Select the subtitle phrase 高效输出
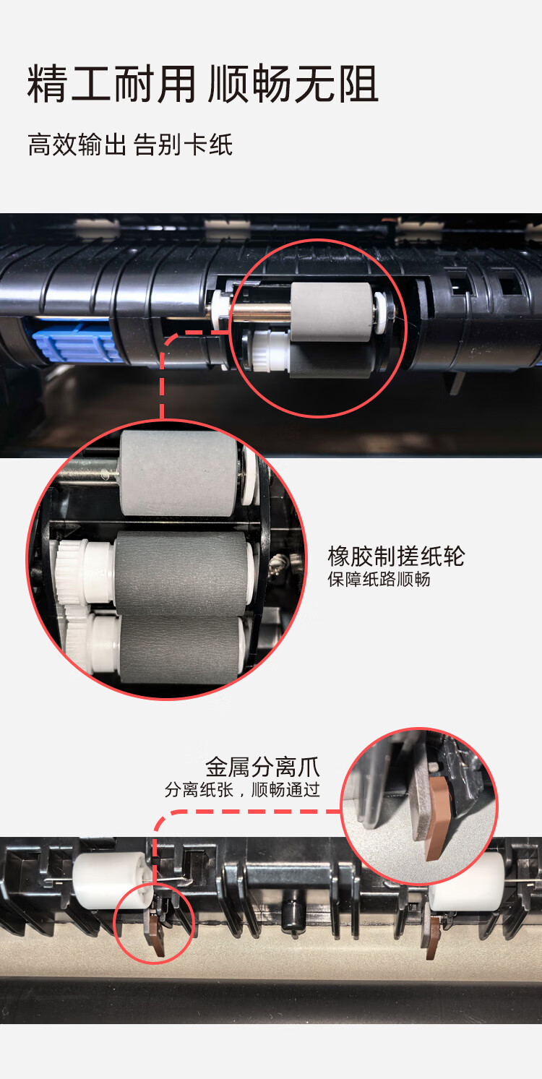(77, 145)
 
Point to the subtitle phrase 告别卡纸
(184, 145)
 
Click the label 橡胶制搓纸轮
(396, 556)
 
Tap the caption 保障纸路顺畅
(379, 580)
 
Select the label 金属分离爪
(262, 766)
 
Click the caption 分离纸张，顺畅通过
(242, 790)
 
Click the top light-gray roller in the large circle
(179, 473)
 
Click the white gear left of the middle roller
(72, 571)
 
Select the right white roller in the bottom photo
(467, 877)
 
